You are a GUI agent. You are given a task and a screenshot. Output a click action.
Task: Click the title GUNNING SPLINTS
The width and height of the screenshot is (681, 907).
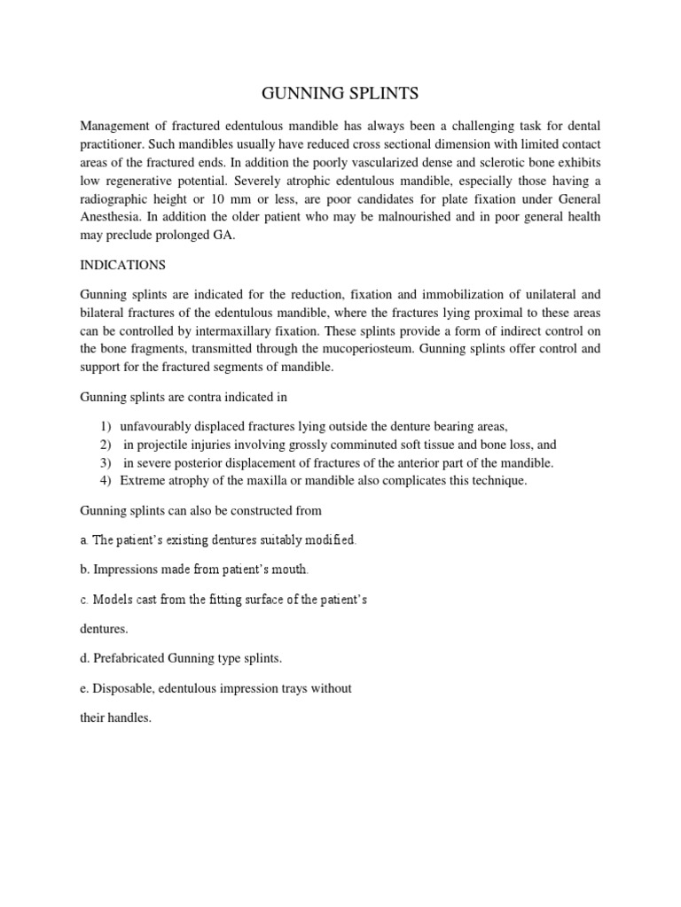click(x=340, y=94)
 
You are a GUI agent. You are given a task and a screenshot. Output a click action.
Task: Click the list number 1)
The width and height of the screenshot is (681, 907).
click(x=106, y=426)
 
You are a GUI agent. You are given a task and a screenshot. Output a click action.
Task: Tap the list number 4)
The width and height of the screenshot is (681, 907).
click(x=106, y=480)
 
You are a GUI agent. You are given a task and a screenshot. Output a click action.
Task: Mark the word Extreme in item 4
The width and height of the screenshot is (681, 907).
click(x=141, y=480)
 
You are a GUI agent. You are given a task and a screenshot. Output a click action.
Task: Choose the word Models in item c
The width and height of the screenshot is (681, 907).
click(x=113, y=599)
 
